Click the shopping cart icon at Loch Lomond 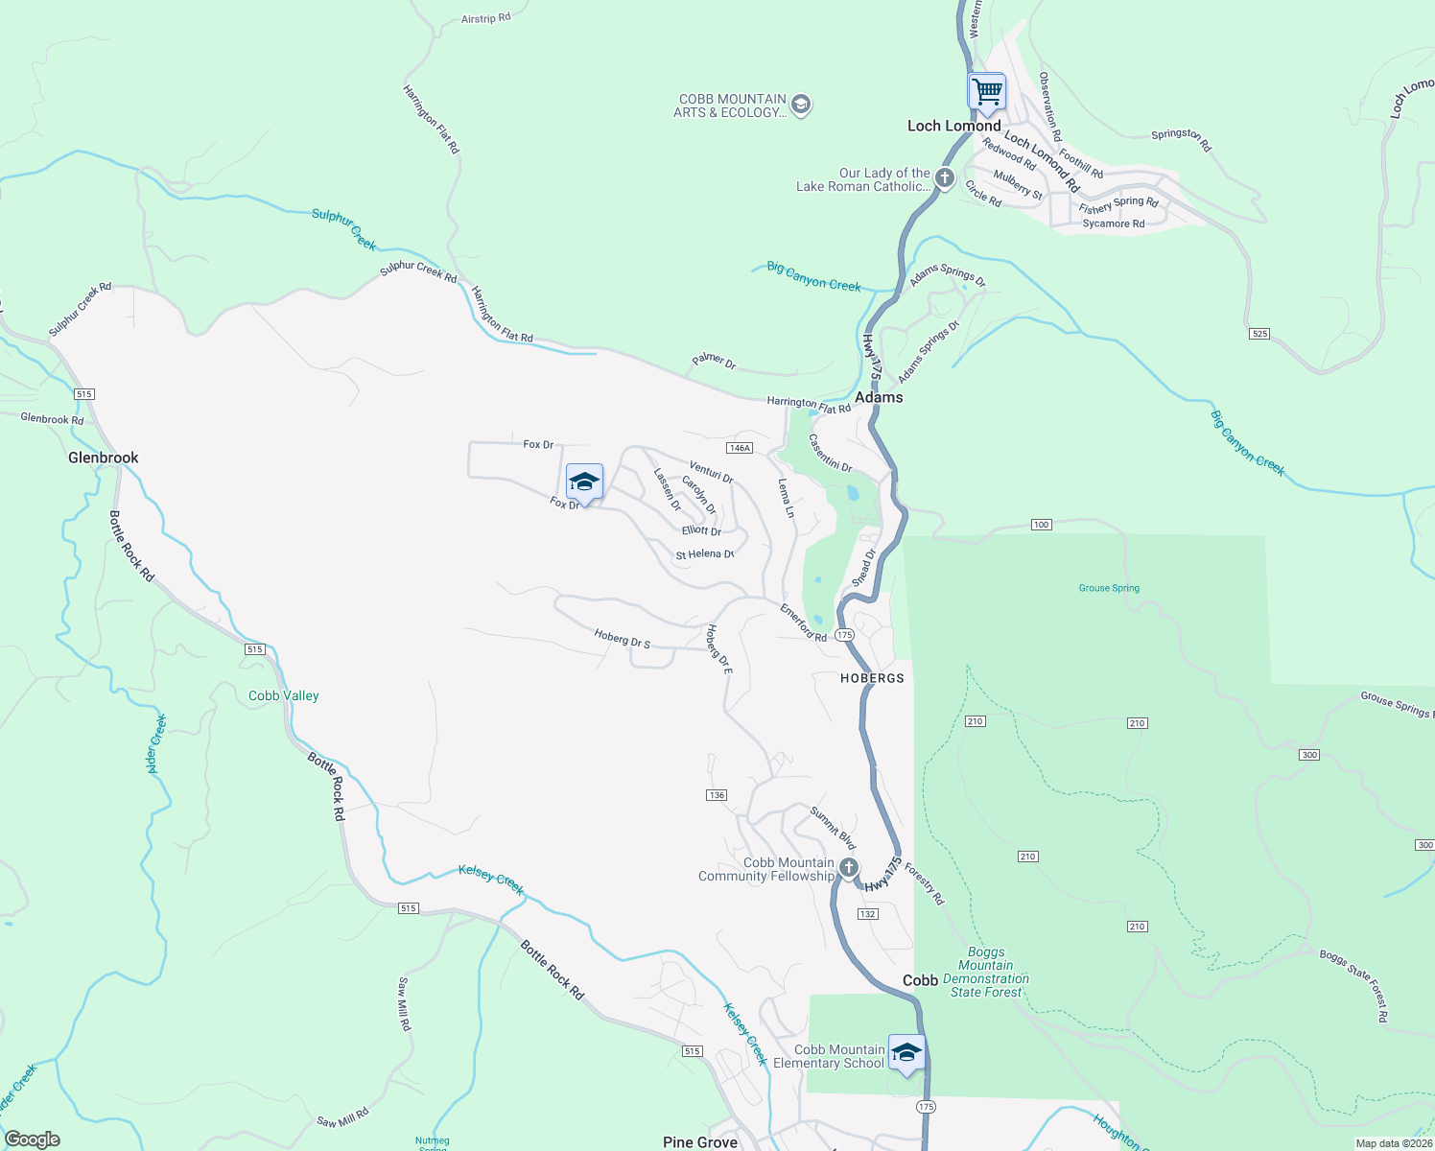pyautogui.click(x=986, y=93)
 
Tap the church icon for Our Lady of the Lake pyautogui.click(x=945, y=177)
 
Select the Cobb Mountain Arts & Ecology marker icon pyautogui.click(x=802, y=105)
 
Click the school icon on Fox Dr pyautogui.click(x=584, y=482)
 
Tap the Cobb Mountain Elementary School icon pyautogui.click(x=906, y=1053)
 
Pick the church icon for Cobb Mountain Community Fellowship pyautogui.click(x=849, y=868)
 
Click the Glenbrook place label pyautogui.click(x=104, y=458)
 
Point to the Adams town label pyautogui.click(x=879, y=397)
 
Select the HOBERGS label pyautogui.click(x=872, y=678)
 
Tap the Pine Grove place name pyautogui.click(x=700, y=1142)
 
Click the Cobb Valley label pyautogui.click(x=284, y=696)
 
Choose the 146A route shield pyautogui.click(x=739, y=448)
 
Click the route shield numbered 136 pyautogui.click(x=717, y=795)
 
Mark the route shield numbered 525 pyautogui.click(x=1259, y=334)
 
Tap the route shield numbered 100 pyautogui.click(x=1042, y=525)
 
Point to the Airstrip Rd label pyautogui.click(x=486, y=18)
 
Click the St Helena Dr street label pyautogui.click(x=704, y=554)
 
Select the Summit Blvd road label pyautogui.click(x=833, y=828)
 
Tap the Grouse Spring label pyautogui.click(x=1109, y=588)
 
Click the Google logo pyautogui.click(x=33, y=1139)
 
